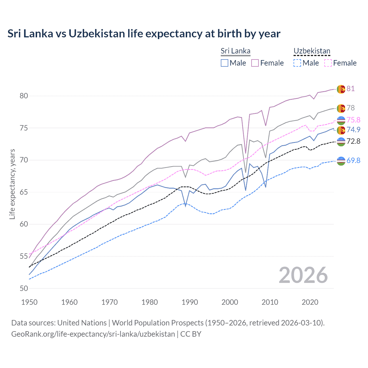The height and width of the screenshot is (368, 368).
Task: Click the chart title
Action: [144, 34]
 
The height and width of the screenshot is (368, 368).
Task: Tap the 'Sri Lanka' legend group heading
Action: [235, 51]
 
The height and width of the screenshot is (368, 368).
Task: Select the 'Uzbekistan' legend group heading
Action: [312, 51]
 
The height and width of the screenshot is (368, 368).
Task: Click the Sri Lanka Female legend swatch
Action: [255, 63]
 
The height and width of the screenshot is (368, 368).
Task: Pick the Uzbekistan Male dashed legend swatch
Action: [297, 63]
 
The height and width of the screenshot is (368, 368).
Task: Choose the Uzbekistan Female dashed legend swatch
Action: [328, 63]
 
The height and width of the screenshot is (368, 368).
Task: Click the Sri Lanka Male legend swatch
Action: [225, 63]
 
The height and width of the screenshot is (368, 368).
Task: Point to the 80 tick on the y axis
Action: [24, 96]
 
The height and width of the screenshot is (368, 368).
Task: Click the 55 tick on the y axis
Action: [24, 256]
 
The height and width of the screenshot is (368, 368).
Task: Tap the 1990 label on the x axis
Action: [190, 302]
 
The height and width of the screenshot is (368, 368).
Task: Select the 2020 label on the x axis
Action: [310, 302]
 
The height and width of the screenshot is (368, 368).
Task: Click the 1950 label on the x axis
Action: [29, 302]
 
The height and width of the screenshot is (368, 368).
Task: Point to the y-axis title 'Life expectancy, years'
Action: [12, 184]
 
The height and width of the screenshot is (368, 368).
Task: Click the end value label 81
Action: [350, 89]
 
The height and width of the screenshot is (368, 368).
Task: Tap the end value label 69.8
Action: [353, 160]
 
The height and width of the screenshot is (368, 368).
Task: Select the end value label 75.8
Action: [353, 120]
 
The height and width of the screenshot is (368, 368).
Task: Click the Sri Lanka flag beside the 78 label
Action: [341, 108]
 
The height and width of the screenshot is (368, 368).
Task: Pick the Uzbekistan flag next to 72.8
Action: [341, 142]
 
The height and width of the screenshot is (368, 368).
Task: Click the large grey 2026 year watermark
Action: [303, 275]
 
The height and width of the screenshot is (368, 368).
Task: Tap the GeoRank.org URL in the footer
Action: [93, 334]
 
